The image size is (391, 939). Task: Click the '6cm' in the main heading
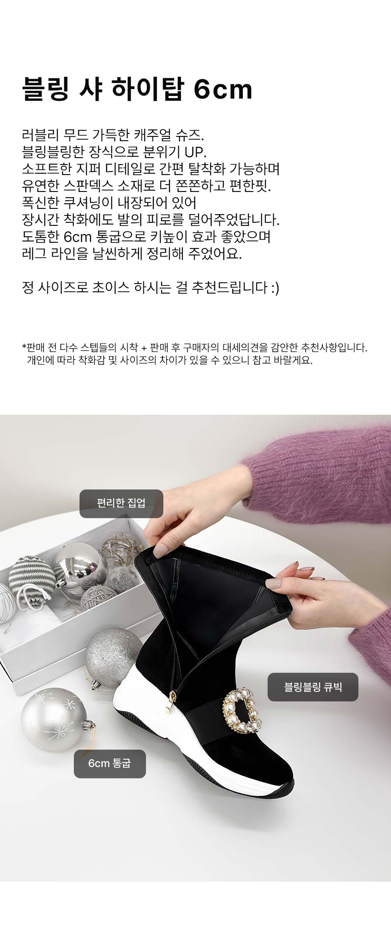coord(222,89)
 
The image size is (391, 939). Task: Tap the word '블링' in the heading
coord(45,89)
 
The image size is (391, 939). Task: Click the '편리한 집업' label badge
coord(121,503)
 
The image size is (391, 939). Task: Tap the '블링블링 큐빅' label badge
coord(313,687)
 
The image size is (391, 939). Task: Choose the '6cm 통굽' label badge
coord(110,764)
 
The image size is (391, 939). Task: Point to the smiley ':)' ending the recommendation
coord(275,288)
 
